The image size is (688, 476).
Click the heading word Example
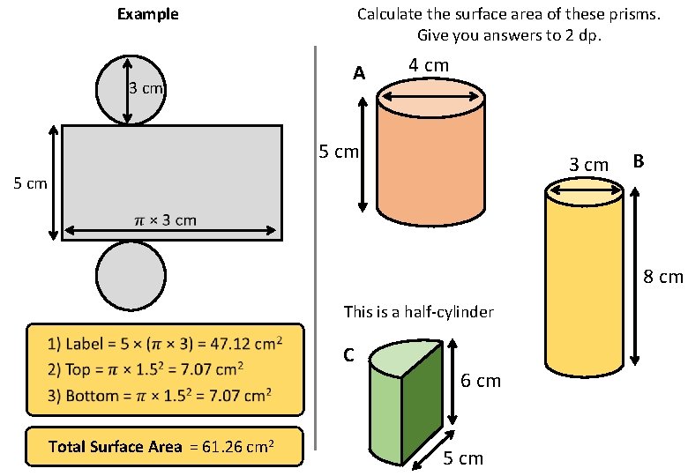click(147, 14)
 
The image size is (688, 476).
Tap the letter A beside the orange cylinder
click(358, 75)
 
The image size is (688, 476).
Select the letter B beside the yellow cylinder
click(639, 161)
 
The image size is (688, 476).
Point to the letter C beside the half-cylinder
click(348, 355)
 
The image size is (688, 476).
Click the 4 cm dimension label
click(429, 66)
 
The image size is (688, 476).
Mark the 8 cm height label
click(663, 278)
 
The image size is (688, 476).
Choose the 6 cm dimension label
click(481, 381)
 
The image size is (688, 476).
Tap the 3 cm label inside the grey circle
click(147, 88)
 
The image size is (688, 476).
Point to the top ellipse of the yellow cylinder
click(586, 191)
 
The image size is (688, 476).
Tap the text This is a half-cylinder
click(418, 312)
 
